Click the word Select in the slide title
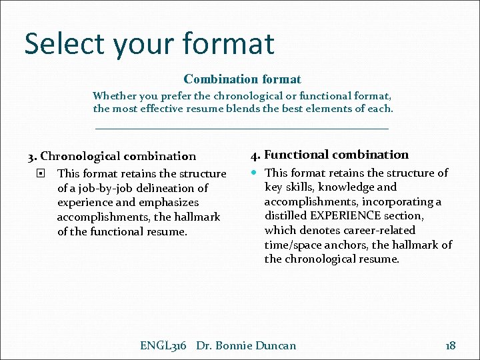pos(65,44)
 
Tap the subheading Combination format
pos(242,79)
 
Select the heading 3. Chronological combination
pos(111,157)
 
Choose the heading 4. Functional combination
pos(329,155)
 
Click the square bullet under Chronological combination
pos(41,174)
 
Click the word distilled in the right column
pos(287,216)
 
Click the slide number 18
pos(450,345)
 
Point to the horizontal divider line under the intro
pos(242,128)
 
